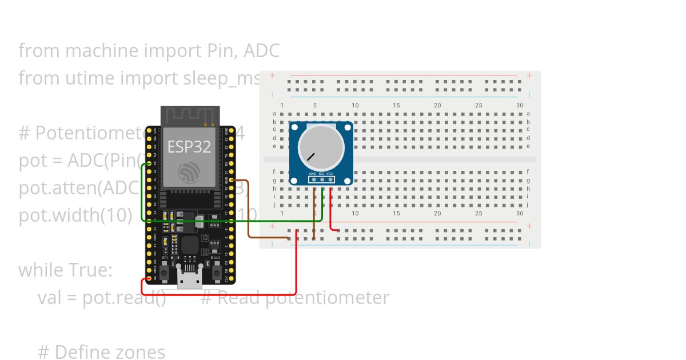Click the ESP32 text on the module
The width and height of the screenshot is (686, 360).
tap(189, 146)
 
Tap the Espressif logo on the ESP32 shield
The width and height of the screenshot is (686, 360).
tap(189, 172)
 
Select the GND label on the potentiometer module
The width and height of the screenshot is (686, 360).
tap(313, 173)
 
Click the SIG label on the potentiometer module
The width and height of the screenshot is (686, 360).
tap(321, 173)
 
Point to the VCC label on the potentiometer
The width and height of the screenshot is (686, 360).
tap(330, 173)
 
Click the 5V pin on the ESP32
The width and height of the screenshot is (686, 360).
tap(149, 278)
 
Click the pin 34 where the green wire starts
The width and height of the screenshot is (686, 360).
tap(149, 163)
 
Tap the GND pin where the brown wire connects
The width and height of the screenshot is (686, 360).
tap(230, 179)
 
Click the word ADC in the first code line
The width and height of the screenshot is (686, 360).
tap(261, 51)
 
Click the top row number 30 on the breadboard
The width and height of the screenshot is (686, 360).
tap(520, 106)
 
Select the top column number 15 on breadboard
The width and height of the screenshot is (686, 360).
tap(397, 106)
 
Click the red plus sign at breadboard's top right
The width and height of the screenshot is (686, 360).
tap(529, 75)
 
